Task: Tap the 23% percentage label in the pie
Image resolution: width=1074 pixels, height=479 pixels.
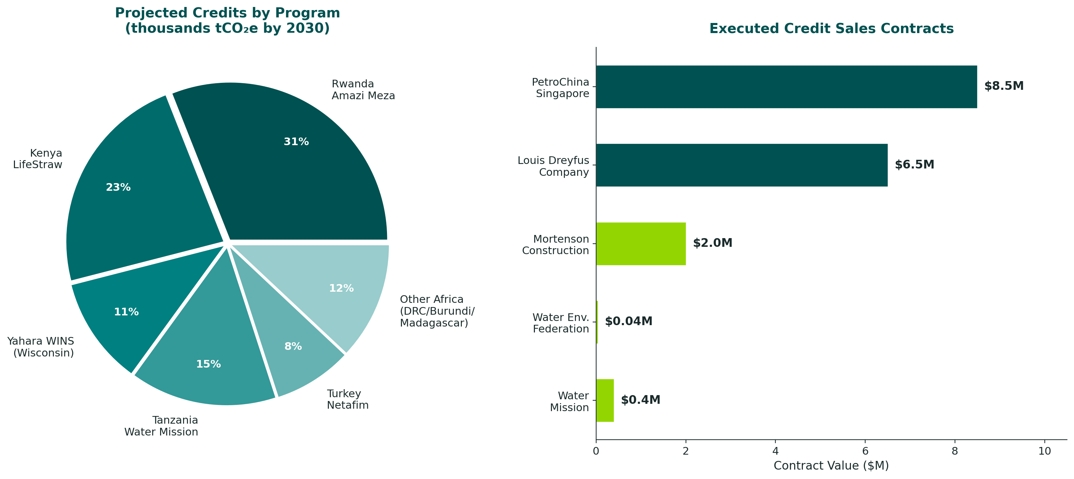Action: coord(118,188)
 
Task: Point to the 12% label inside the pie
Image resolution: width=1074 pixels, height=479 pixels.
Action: coord(341,289)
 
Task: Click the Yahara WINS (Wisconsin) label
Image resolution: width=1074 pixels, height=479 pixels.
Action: coord(41,347)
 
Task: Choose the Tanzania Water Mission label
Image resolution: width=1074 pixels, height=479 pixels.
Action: coord(161,426)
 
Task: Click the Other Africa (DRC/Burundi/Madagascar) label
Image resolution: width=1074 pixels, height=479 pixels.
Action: coord(436,311)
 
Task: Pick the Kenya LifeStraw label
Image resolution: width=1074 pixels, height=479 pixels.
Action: coord(38,159)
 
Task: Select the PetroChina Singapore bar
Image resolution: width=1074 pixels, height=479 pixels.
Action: coord(786,87)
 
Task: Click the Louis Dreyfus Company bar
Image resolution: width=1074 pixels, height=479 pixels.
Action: coord(741,165)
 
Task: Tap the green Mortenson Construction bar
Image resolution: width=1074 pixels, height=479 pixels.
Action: coord(641,244)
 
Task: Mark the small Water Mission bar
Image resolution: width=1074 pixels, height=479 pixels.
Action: coord(605,401)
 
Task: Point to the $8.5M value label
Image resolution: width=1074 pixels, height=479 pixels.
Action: coord(1004,86)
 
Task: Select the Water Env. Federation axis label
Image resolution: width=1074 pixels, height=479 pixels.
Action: coord(561,323)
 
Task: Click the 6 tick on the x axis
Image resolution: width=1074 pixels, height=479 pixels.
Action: coord(865,451)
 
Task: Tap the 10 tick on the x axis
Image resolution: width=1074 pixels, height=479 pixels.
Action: coord(1044,451)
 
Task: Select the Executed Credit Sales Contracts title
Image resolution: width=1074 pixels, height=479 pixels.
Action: coord(831,28)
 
